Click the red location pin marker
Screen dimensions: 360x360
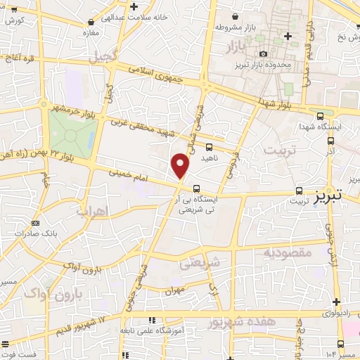pyautogui.click(x=181, y=167)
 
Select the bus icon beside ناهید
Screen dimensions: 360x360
pyautogui.click(x=209, y=148)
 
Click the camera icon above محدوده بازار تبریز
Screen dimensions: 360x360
pyautogui.click(x=263, y=54)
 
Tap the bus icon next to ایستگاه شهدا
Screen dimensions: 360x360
pyautogui.click(x=320, y=116)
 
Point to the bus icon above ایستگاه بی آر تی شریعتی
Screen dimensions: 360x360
pyautogui.click(x=196, y=188)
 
